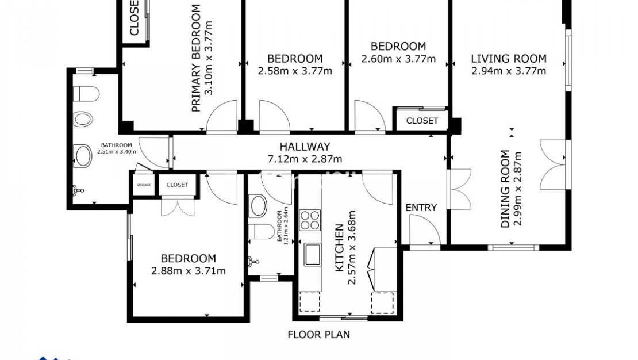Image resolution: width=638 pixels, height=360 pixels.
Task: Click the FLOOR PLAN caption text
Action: [318, 334]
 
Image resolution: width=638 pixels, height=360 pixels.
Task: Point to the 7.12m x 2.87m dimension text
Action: [305, 159]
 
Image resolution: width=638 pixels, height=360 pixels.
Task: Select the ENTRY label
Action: [421, 208]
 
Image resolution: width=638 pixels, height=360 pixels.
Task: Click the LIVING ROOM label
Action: [509, 59]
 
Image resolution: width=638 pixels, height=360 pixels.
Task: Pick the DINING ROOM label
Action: [505, 189]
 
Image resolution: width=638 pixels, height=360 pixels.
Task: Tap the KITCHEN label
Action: [339, 247]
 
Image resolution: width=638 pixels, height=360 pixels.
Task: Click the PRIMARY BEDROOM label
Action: [196, 58]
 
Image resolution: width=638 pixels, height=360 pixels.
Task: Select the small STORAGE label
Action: [143, 185]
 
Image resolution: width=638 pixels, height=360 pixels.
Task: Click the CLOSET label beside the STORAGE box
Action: [177, 185]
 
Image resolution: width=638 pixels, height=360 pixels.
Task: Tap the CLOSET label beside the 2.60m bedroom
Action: [422, 121]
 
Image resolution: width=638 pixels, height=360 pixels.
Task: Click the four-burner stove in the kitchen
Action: [311, 220]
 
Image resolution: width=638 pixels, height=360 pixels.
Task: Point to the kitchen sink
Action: [313, 254]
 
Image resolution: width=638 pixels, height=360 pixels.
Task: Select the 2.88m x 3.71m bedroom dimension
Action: [188, 271]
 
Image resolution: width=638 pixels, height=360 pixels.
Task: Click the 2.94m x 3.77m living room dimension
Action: [509, 71]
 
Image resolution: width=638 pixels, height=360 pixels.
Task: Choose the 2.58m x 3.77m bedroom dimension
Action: [295, 71]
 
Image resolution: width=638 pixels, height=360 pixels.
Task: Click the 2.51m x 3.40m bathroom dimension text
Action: [117, 151]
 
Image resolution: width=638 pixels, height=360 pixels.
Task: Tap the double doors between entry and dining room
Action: [459, 189]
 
